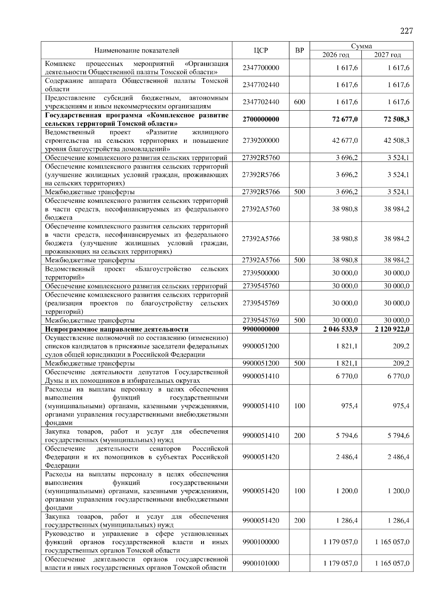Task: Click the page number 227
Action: coord(406,31)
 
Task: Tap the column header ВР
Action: coord(299,51)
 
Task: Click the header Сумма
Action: coord(361,46)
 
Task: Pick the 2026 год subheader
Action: coord(336,55)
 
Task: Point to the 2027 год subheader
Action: coord(387,55)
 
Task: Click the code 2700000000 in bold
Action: coord(260,119)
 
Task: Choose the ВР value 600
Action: coord(299,102)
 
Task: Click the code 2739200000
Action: coord(260,141)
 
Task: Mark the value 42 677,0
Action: coord(345,141)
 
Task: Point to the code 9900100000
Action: coord(260,542)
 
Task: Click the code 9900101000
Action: coord(260,563)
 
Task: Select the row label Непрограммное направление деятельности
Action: coord(116,329)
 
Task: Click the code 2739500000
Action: coord(260,273)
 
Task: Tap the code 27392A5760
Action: coord(260,209)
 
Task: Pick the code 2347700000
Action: coord(260,68)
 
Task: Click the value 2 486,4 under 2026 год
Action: coord(346,457)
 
